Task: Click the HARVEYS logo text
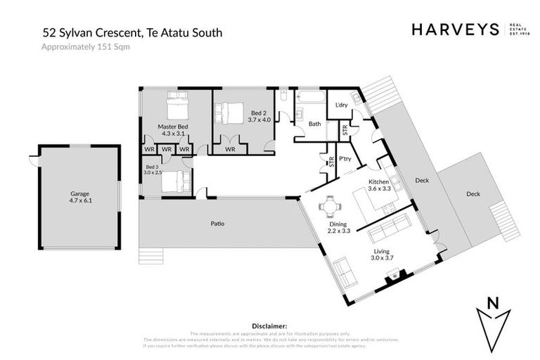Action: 455,29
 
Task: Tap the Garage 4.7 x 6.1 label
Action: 79,196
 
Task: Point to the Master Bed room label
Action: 172,130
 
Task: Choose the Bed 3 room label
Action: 153,169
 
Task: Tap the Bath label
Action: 314,124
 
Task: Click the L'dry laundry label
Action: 342,105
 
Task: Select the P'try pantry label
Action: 345,159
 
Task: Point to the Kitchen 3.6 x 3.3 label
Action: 379,185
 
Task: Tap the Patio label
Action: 218,224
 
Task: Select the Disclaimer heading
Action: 269,326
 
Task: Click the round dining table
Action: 328,207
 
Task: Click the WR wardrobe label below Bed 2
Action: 229,149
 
